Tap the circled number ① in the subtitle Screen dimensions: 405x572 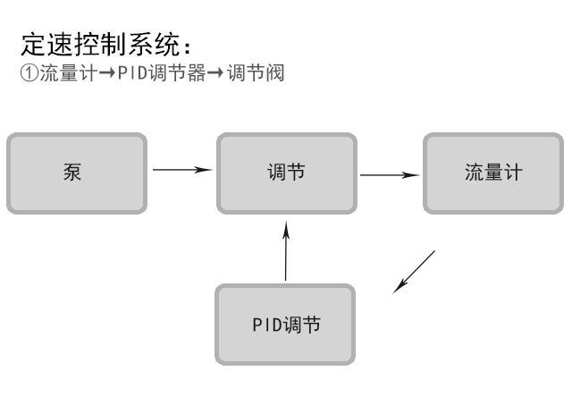(27, 73)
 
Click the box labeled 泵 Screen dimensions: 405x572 (76, 173)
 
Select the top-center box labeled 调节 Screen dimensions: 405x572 (286, 173)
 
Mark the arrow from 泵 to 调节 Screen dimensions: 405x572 (182, 168)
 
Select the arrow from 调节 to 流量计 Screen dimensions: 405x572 (390, 175)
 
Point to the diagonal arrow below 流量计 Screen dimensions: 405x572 (415, 271)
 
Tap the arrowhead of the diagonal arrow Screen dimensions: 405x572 (399, 287)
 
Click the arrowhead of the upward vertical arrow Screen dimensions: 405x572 (286, 230)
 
